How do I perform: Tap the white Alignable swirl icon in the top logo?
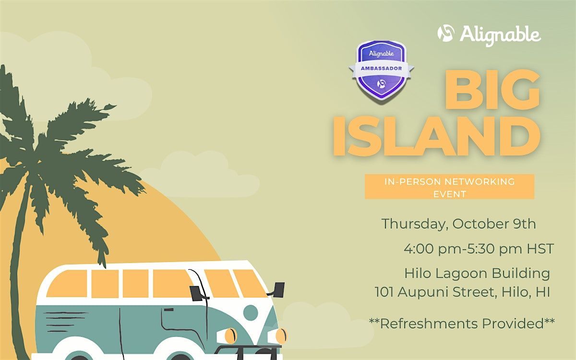[x=446, y=33]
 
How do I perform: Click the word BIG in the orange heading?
[x=492, y=89]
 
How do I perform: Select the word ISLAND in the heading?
[x=436, y=136]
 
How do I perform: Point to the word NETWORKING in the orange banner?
[x=480, y=182]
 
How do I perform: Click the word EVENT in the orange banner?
[x=450, y=194]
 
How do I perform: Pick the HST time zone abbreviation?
[x=540, y=249]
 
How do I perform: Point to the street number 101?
[x=384, y=292]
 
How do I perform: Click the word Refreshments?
[x=429, y=324]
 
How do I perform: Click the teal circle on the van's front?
[x=251, y=312]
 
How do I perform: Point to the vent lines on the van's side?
[x=64, y=322]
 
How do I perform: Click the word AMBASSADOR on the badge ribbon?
[x=381, y=68]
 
